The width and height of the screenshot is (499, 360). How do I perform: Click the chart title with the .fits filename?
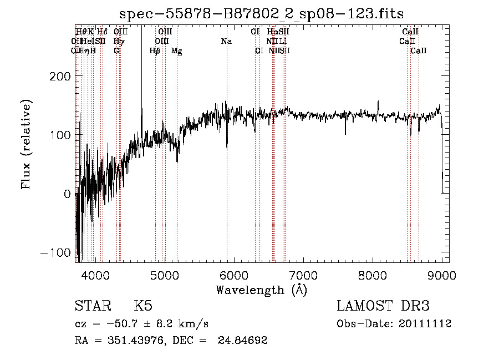[x=262, y=13]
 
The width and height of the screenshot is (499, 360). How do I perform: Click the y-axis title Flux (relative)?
[x=27, y=144]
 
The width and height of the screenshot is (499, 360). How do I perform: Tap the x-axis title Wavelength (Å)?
[x=262, y=290]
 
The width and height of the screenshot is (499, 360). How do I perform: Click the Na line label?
[x=226, y=42]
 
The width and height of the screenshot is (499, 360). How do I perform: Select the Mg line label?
[x=176, y=51]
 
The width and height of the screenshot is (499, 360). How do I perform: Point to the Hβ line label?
[x=155, y=51]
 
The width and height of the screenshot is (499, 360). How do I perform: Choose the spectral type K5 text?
[x=143, y=306]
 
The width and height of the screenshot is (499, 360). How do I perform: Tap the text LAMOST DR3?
[x=383, y=306]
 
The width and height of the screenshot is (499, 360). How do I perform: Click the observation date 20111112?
[x=425, y=324]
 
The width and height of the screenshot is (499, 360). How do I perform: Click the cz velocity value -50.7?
[x=118, y=324]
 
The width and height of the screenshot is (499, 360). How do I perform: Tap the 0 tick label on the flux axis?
[x=68, y=194]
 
